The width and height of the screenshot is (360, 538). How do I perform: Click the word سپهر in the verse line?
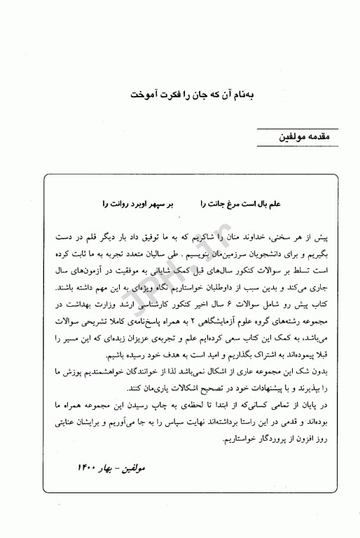coord(153,204)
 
